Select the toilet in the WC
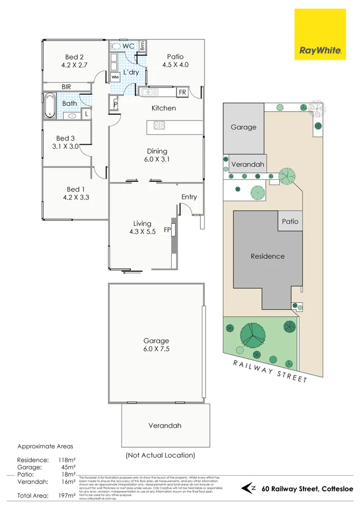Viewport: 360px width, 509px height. pyautogui.click(x=115, y=46)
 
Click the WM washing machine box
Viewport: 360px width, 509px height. pyautogui.click(x=115, y=77)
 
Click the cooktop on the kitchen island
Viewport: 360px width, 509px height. pyautogui.click(x=160, y=125)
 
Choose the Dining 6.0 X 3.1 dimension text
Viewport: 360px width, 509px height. pyautogui.click(x=157, y=159)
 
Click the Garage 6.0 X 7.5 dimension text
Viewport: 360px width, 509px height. pyautogui.click(x=156, y=349)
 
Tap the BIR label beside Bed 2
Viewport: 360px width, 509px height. pyautogui.click(x=67, y=86)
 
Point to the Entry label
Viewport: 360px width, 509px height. pyautogui.click(x=189, y=197)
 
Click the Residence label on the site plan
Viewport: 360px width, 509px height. pyautogui.click(x=267, y=256)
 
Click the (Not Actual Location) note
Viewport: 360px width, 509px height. pyautogui.click(x=160, y=455)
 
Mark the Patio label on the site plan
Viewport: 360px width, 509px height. pyautogui.click(x=290, y=221)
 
